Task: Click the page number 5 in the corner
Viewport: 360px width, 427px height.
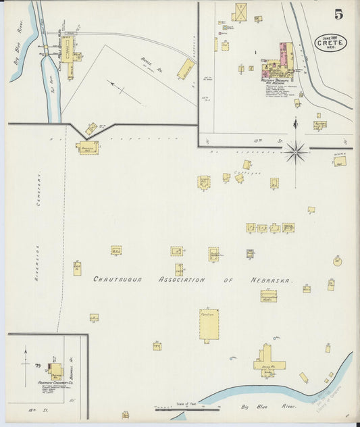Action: point(338,14)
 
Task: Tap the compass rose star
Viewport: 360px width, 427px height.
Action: point(295,153)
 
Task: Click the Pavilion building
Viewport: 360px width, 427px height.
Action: point(209,324)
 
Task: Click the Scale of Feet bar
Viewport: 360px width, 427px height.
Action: point(188,408)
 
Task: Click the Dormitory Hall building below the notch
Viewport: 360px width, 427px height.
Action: point(87,148)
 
